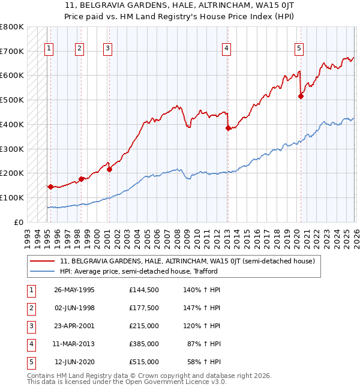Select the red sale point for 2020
tap(301, 96)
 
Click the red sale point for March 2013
tap(228, 128)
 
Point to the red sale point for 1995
tap(50, 187)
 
